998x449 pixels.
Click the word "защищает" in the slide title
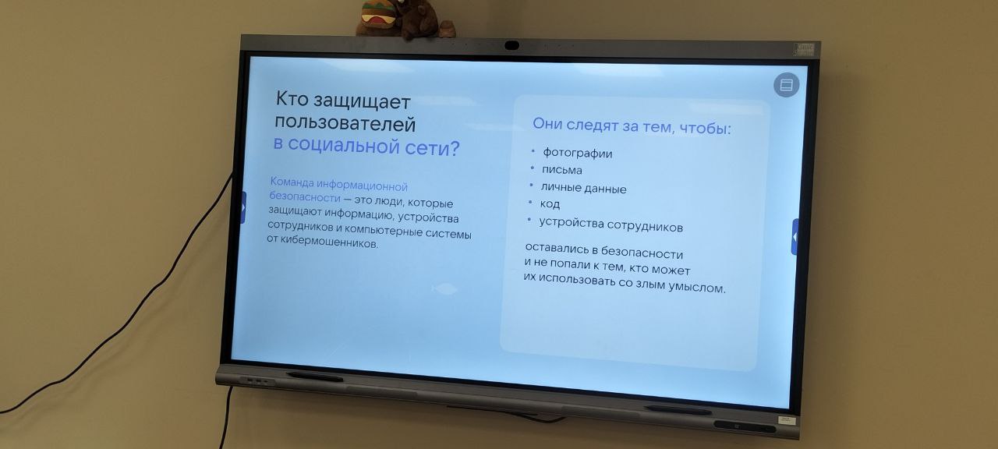coord(362,101)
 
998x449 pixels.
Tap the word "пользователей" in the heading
coord(345,122)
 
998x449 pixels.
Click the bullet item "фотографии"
coord(578,153)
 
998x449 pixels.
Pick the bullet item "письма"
coord(562,170)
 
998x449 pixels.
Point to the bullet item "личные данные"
coord(584,188)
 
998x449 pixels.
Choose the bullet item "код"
coord(550,203)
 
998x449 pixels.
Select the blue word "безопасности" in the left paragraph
coord(305,196)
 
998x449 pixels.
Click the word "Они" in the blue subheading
coord(547,123)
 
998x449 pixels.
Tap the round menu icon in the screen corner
coord(787,85)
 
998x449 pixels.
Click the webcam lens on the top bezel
coord(511,45)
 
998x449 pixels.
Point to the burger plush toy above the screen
coord(378,16)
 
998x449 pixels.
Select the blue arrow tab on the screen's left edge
coord(243,207)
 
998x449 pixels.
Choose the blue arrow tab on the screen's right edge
coord(795,237)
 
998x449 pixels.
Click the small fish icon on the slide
coord(444,289)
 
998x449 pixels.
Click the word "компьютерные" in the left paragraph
coord(384,230)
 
